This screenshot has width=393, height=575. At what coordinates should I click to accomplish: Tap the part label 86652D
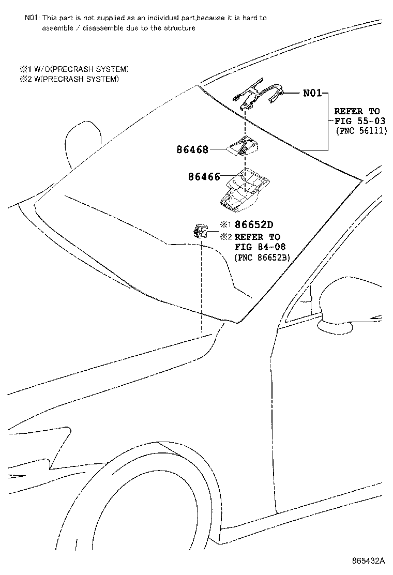(253, 225)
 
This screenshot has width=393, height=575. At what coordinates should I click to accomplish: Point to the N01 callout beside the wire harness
(312, 94)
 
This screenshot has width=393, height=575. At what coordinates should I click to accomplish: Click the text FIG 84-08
(260, 247)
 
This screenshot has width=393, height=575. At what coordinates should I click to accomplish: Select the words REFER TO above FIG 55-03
(357, 111)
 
